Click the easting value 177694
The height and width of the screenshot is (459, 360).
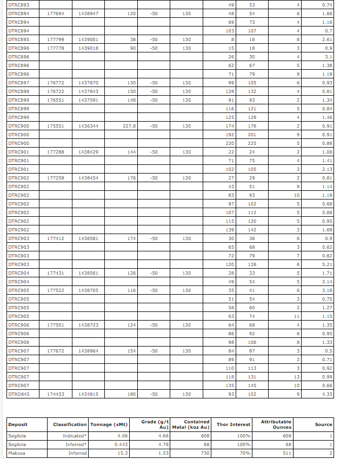[56, 14]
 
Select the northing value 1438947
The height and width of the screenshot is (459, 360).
[88, 14]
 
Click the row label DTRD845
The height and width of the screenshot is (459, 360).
[19, 394]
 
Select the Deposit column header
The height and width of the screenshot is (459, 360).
[18, 424]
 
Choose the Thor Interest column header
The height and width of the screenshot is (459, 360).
[234, 424]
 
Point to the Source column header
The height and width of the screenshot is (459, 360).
[323, 424]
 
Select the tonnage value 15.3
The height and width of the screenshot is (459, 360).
[122, 453]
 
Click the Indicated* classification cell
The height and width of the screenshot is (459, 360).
[74, 436]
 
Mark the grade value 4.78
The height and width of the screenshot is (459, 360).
[163, 444]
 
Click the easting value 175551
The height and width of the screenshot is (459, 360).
[56, 126]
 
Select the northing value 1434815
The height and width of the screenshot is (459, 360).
[88, 394]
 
